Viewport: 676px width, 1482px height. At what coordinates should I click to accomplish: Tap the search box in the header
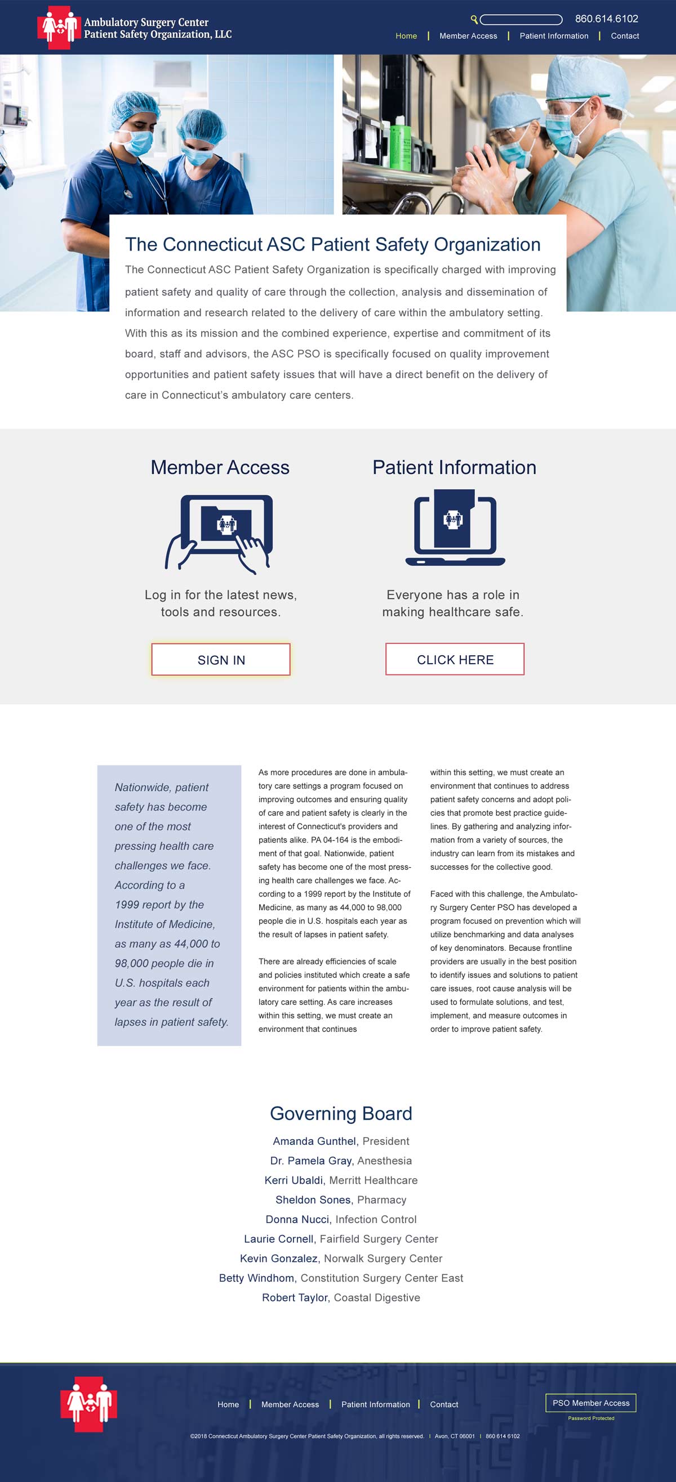[x=521, y=20]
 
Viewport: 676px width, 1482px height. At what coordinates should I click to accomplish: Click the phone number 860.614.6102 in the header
[x=606, y=19]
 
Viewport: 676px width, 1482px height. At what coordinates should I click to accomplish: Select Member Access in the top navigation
[x=468, y=35]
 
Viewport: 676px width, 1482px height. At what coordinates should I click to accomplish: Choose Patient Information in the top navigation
[x=554, y=35]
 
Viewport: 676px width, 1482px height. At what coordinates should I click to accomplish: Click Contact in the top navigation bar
[x=625, y=35]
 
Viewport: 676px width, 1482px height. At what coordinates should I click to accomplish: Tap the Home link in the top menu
[x=406, y=35]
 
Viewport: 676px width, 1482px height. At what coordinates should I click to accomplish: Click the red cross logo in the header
[x=57, y=27]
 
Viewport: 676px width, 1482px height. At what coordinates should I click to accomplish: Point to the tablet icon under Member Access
[x=220, y=532]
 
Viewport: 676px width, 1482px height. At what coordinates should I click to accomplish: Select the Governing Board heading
[x=341, y=1113]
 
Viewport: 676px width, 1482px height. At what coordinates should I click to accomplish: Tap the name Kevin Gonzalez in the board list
[x=279, y=1258]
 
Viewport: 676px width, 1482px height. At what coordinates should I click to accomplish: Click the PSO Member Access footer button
[x=591, y=1403]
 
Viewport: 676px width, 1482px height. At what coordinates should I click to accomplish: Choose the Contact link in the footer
[x=444, y=1404]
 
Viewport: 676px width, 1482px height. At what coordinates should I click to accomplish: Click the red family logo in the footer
[x=88, y=1404]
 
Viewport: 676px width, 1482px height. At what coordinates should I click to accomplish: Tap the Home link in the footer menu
[x=228, y=1404]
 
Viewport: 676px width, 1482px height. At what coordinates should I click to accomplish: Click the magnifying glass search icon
[x=474, y=20]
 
